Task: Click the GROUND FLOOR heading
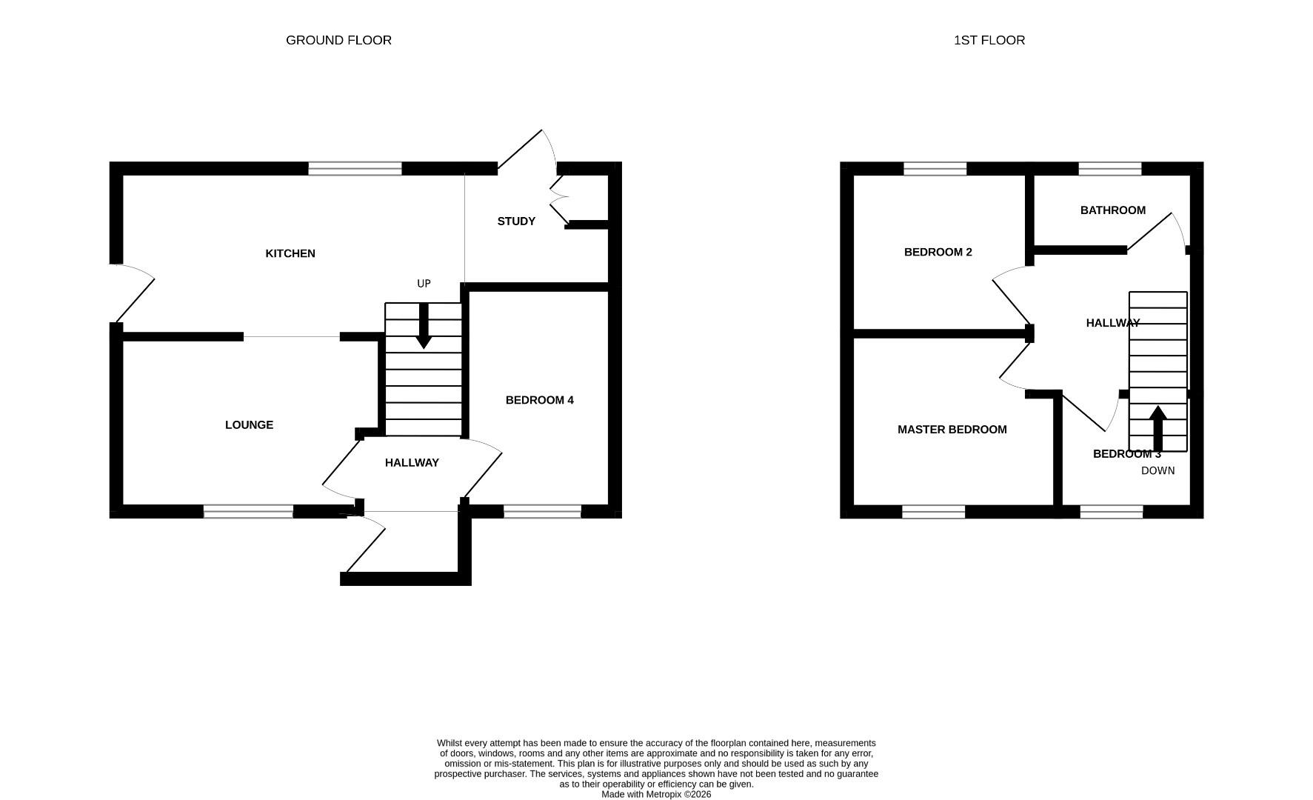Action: (338, 40)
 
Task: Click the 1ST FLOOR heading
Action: (989, 40)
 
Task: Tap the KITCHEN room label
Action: (290, 253)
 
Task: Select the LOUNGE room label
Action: (249, 424)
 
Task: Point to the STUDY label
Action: (516, 221)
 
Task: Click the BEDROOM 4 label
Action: (539, 400)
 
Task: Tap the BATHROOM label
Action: (1112, 210)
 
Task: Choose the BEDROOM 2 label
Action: (938, 252)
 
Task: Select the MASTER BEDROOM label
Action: (952, 430)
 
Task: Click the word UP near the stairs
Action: (424, 284)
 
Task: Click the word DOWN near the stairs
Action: (1157, 470)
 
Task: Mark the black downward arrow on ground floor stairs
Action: (424, 327)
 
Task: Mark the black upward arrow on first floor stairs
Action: (1157, 427)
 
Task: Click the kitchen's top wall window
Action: (355, 169)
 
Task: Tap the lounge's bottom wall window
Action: (248, 511)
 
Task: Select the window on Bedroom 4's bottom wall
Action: (542, 511)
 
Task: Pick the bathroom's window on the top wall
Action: (1109, 169)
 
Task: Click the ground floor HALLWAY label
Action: (412, 463)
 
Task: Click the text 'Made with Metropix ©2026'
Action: (655, 794)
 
